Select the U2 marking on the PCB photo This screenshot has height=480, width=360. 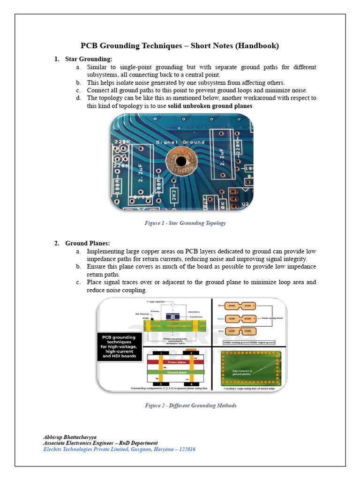[x=245, y=204]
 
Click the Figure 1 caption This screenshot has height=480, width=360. [x=185, y=223]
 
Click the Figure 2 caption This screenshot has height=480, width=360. [x=190, y=405]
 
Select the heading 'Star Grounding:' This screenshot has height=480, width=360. [x=89, y=59]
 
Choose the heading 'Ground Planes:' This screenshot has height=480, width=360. [x=88, y=243]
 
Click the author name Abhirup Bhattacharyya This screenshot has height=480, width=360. [x=70, y=437]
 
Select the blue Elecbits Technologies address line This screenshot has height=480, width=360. [x=119, y=449]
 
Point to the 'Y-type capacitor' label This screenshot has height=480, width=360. [x=157, y=301]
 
